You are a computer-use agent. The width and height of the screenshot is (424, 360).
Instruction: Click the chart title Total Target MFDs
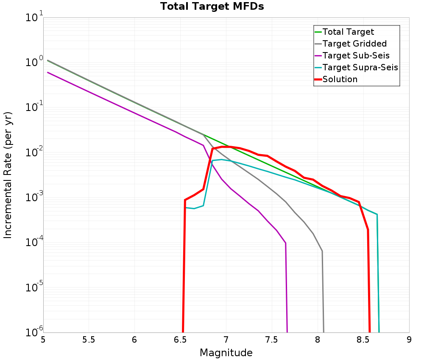212,7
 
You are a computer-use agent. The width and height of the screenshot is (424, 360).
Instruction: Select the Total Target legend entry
348,32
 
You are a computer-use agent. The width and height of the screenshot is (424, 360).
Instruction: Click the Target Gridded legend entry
354,44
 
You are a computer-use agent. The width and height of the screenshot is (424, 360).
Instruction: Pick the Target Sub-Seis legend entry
356,55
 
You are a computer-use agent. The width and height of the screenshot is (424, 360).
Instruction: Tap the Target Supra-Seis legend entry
360,67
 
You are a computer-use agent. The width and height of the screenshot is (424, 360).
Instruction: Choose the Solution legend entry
340,79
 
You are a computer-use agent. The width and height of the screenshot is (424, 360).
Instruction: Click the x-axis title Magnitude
226,353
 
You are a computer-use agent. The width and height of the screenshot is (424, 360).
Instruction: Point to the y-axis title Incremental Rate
8,175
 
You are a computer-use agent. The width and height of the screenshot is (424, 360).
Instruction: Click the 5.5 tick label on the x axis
89,340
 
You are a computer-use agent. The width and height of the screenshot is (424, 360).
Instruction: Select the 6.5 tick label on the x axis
180,340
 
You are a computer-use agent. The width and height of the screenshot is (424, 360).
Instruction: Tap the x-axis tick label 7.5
272,340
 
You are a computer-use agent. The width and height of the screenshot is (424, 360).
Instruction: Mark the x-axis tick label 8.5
363,340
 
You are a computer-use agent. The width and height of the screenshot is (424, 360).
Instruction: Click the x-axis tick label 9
409,340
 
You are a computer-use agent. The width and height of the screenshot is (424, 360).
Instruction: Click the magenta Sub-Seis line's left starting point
48,72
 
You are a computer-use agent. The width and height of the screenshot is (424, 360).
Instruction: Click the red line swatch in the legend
318,79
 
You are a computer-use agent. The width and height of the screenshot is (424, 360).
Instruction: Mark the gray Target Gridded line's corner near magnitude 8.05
322,251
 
